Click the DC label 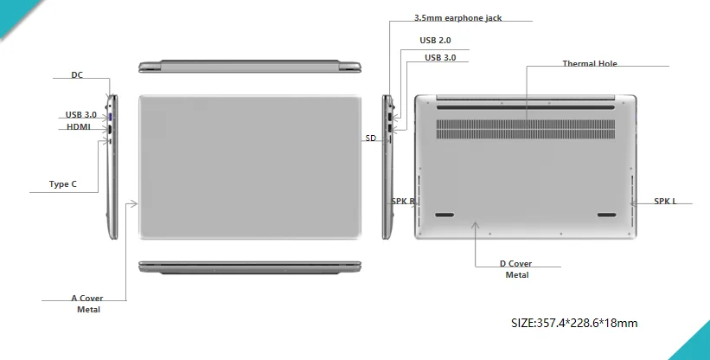pyautogui.click(x=77, y=74)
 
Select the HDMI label pyautogui.click(x=79, y=127)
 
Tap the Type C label pyautogui.click(x=62, y=184)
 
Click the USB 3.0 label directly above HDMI pyautogui.click(x=81, y=114)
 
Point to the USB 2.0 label pyautogui.click(x=435, y=40)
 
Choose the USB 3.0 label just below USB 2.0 pyautogui.click(x=440, y=57)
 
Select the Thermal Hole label pyautogui.click(x=590, y=63)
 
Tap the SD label pyautogui.click(x=370, y=138)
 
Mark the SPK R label pyautogui.click(x=403, y=202)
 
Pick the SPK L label pyautogui.click(x=665, y=202)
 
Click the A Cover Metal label pyautogui.click(x=87, y=304)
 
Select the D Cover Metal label pyautogui.click(x=516, y=269)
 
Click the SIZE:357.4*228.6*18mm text pyautogui.click(x=574, y=324)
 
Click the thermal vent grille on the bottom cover pyautogui.click(x=526, y=128)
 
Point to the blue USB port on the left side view pyautogui.click(x=112, y=114)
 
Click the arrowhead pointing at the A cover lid pyautogui.click(x=133, y=203)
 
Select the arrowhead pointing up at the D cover pyautogui.click(x=475, y=225)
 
